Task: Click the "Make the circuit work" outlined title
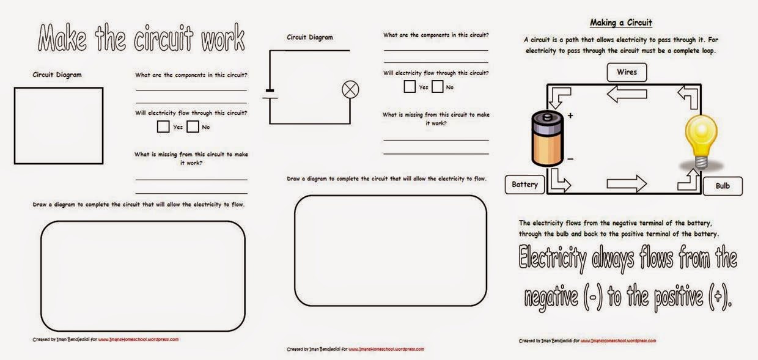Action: click(x=142, y=39)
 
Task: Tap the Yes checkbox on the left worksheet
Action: click(x=163, y=127)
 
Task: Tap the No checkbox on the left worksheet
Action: click(x=193, y=127)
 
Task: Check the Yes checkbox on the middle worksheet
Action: click(x=410, y=87)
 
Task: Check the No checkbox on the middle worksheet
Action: click(x=438, y=87)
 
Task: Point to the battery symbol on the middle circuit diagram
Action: click(x=270, y=95)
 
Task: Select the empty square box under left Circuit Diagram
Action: click(x=59, y=125)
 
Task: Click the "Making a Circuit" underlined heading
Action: click(x=620, y=23)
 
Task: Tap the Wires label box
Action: click(x=627, y=72)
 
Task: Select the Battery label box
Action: click(x=524, y=184)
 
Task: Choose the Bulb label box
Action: click(x=723, y=186)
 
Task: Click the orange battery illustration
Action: click(x=546, y=138)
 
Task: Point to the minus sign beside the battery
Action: click(x=570, y=159)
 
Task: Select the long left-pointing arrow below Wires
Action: click(x=627, y=94)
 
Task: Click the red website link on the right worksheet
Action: click(x=618, y=341)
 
